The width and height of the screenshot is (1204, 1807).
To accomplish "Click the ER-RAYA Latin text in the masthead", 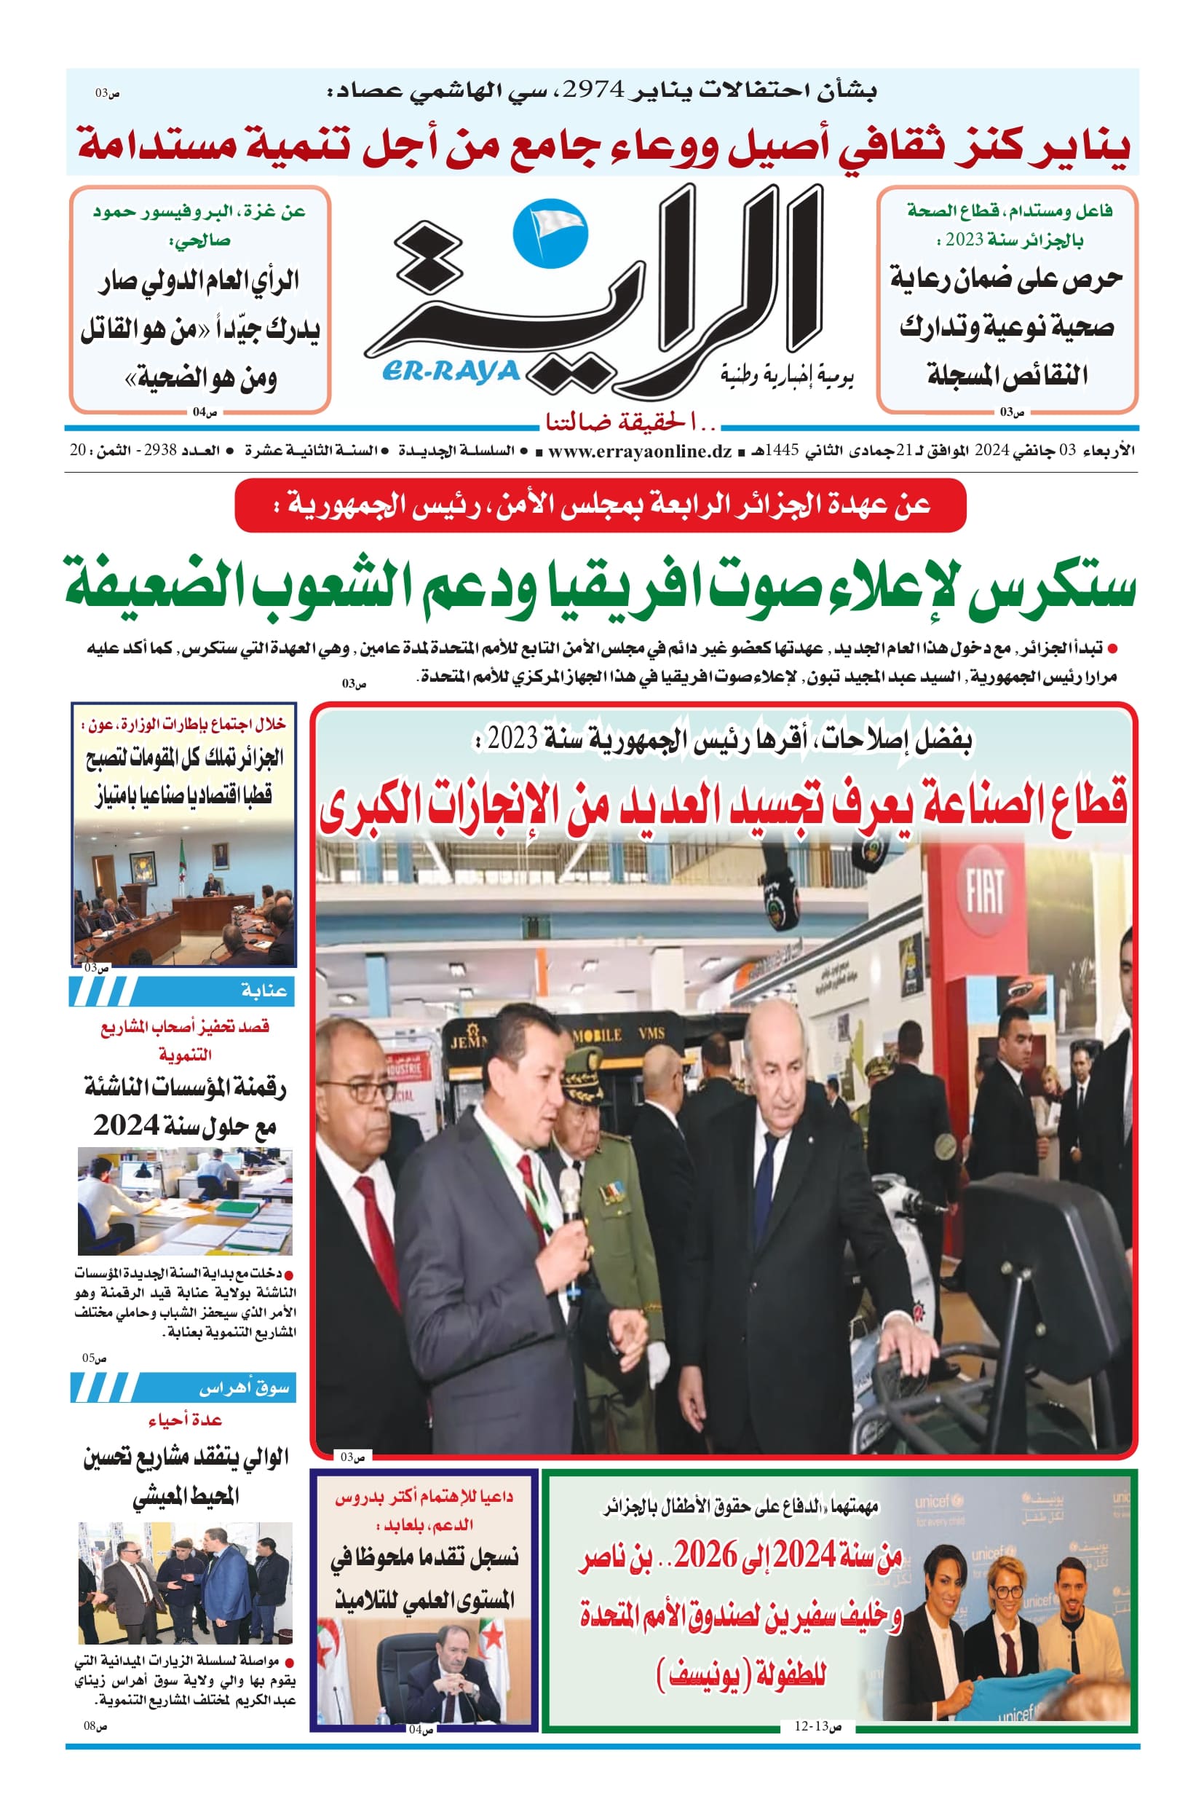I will pos(451,372).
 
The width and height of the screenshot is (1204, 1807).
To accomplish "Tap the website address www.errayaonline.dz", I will pos(640,451).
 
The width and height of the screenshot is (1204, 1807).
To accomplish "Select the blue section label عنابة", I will pos(264,991).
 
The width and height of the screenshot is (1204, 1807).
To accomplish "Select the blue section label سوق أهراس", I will pos(243,1387).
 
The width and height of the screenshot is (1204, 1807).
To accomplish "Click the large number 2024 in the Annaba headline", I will pos(126,1125).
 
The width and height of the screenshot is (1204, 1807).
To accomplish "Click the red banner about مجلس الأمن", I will pos(601,505).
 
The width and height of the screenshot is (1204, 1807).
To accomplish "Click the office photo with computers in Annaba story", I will pos(184,1201).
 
